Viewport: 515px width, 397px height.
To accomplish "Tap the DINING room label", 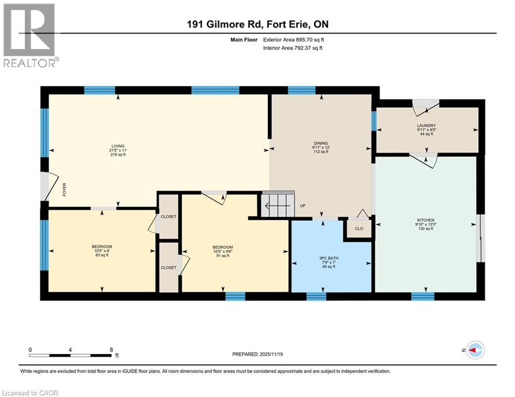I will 320,144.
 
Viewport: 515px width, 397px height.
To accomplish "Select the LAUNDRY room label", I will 427,126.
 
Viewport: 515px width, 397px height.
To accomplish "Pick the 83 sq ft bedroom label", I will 102,247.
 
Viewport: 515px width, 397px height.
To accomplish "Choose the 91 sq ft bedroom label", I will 223,247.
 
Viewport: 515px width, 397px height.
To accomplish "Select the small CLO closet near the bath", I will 358,227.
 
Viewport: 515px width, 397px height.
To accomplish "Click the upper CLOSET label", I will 169,217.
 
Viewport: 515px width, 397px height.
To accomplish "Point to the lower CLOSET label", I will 169,267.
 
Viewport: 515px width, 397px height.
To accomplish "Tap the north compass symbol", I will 474,350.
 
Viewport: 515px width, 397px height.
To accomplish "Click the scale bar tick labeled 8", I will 111,349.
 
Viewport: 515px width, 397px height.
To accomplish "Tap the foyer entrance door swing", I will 50,186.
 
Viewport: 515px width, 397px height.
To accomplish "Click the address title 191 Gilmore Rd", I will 257,24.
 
